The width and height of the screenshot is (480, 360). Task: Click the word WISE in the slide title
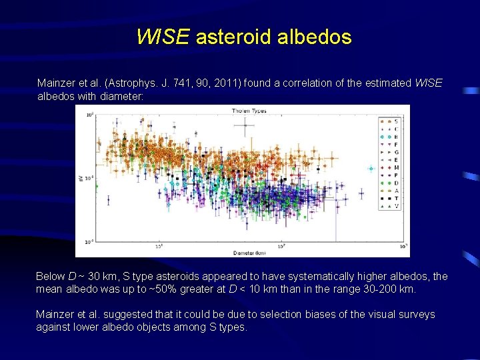click(x=163, y=37)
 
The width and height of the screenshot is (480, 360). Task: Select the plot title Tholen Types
click(x=249, y=111)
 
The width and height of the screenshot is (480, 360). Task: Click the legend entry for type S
click(x=391, y=121)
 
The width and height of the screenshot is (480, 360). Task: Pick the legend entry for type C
click(x=391, y=129)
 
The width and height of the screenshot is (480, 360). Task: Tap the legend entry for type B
click(x=391, y=137)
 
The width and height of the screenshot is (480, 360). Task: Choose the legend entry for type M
click(x=391, y=167)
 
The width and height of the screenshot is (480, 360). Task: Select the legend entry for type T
click(x=391, y=198)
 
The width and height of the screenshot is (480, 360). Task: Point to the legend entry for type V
click(x=391, y=206)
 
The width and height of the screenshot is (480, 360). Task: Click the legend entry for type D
click(x=391, y=182)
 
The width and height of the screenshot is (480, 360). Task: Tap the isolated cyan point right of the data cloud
click(x=371, y=169)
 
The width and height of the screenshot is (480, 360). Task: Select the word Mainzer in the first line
click(x=55, y=83)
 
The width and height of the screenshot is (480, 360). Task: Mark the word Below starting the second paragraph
click(x=51, y=277)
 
